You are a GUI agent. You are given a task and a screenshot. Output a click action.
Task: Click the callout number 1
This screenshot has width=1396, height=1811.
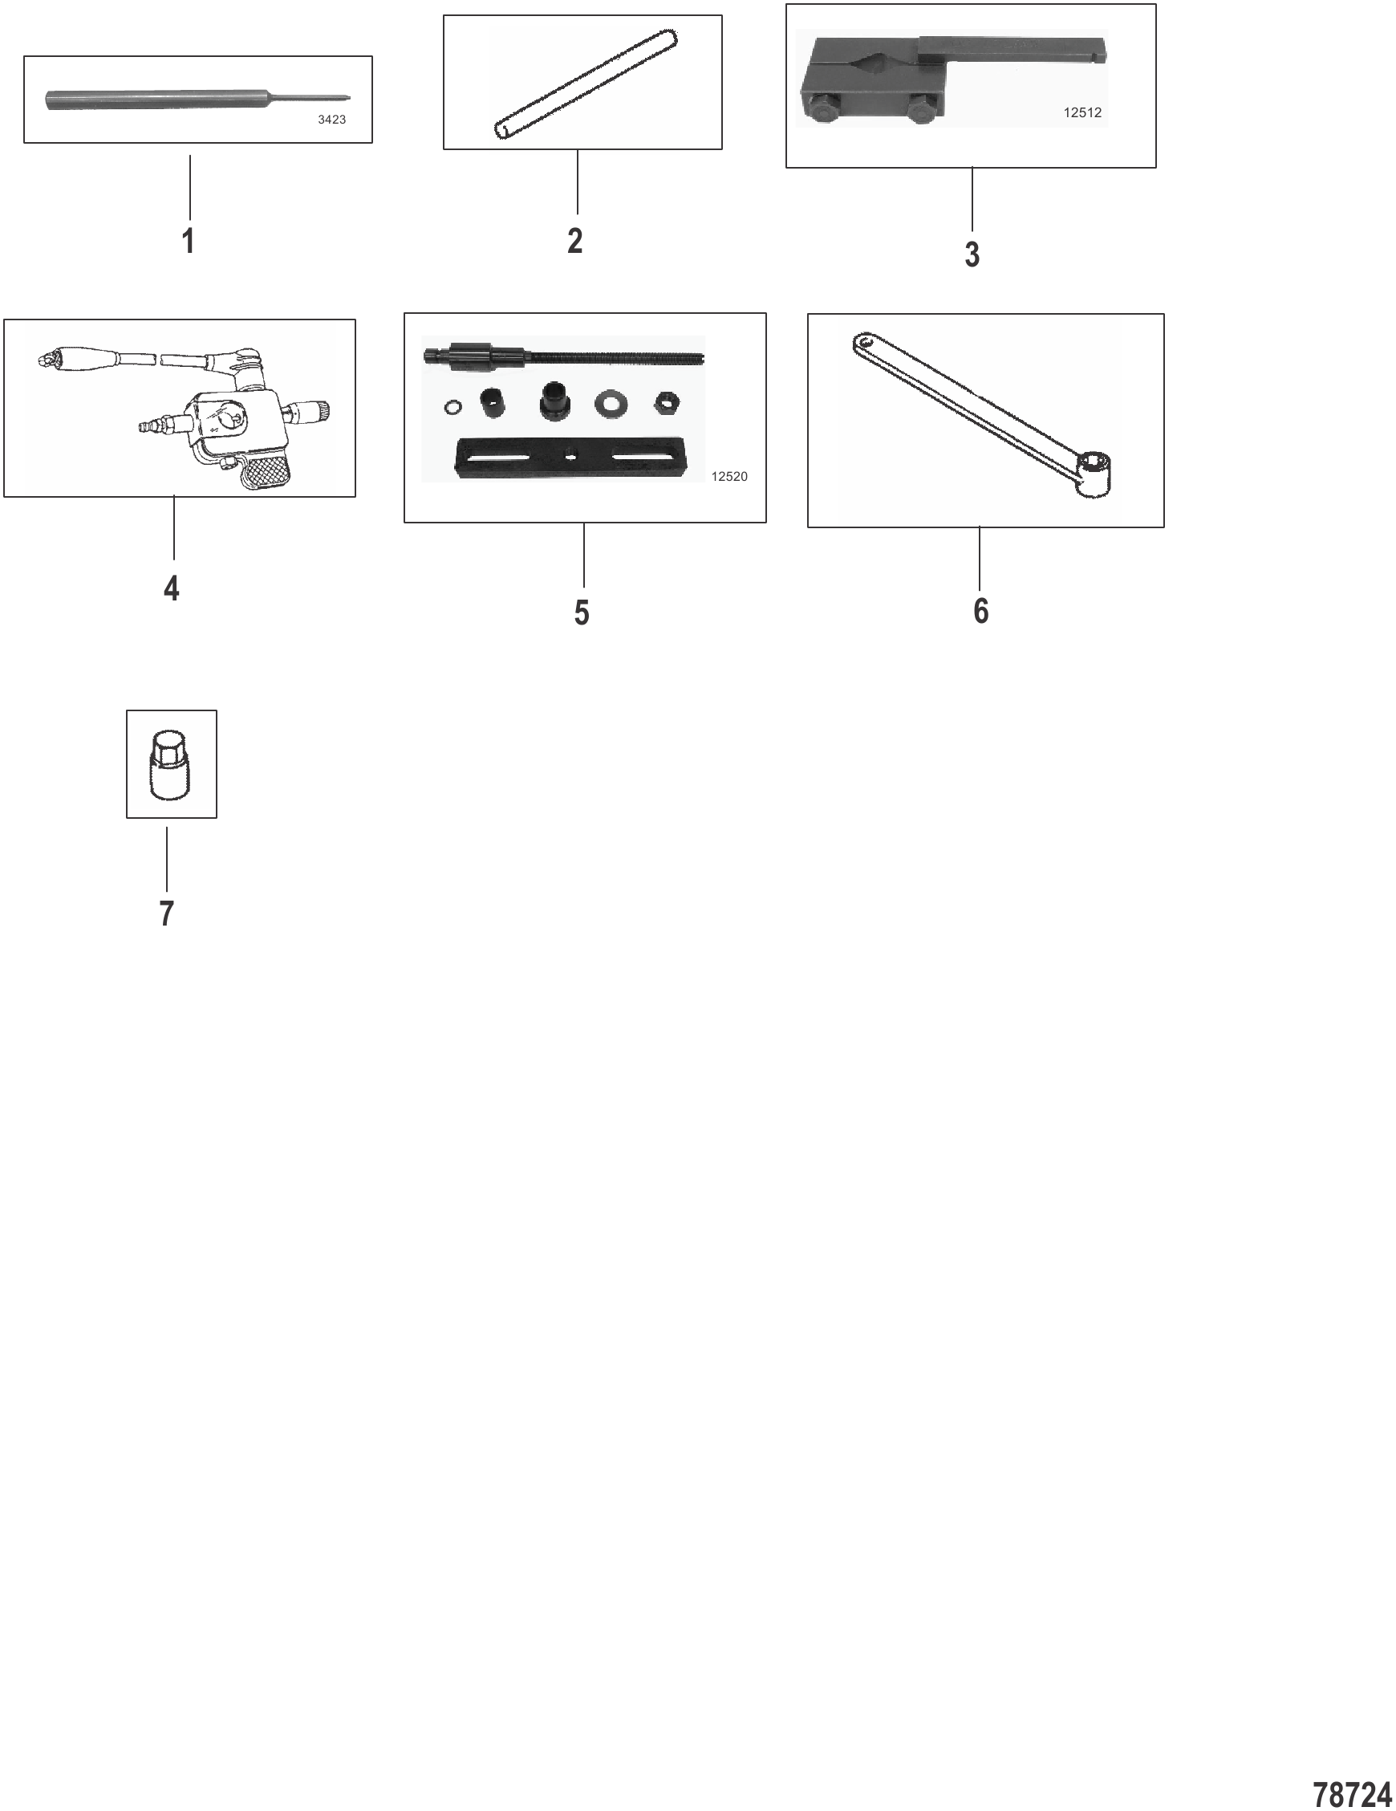[189, 242]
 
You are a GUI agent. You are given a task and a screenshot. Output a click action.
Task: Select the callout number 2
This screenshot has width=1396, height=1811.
[575, 242]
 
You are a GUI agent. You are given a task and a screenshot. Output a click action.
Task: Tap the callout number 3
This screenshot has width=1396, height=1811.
[972, 254]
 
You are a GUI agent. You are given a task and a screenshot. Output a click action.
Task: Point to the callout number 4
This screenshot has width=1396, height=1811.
[172, 588]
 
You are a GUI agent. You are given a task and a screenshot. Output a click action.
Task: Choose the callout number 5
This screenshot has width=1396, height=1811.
[582, 612]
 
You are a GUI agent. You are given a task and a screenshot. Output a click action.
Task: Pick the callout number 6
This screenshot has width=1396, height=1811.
[980, 610]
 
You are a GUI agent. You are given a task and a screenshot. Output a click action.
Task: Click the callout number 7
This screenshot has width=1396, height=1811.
[167, 914]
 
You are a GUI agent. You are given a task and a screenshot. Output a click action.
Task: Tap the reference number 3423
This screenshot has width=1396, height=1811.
[331, 120]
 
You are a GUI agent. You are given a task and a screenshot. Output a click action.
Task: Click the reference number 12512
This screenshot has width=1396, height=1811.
[1082, 112]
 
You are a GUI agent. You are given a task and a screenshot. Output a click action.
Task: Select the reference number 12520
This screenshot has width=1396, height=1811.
[729, 476]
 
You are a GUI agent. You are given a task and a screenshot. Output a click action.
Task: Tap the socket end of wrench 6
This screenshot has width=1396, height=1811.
[1092, 475]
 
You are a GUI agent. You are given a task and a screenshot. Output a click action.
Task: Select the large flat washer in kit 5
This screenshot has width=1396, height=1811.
[611, 405]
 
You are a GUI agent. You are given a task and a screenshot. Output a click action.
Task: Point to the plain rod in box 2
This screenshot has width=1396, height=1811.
[586, 83]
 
